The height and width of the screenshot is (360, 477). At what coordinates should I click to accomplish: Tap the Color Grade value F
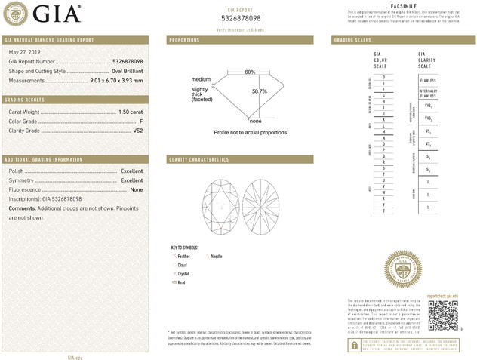pos(141,121)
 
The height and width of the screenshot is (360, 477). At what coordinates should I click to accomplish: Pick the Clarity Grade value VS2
pos(138,131)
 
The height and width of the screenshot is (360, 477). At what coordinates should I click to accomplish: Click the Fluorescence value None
pos(137,189)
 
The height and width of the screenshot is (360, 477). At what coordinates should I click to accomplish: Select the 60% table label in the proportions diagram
pos(250,72)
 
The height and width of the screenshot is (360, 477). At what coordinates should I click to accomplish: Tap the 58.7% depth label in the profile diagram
pos(260,91)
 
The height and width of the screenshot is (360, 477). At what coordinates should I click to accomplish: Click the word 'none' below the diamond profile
pos(255,121)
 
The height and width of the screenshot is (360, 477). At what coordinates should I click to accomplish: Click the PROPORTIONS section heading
pos(184,39)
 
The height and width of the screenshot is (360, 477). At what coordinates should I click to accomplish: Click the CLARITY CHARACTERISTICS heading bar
pos(199,160)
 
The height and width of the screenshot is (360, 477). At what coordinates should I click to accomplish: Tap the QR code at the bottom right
pos(442,313)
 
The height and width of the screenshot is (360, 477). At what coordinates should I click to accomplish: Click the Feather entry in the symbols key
pos(183,257)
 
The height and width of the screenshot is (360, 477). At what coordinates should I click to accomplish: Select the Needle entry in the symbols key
pos(217,257)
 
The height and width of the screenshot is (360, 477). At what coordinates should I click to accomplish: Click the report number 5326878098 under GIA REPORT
pos(241,17)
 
